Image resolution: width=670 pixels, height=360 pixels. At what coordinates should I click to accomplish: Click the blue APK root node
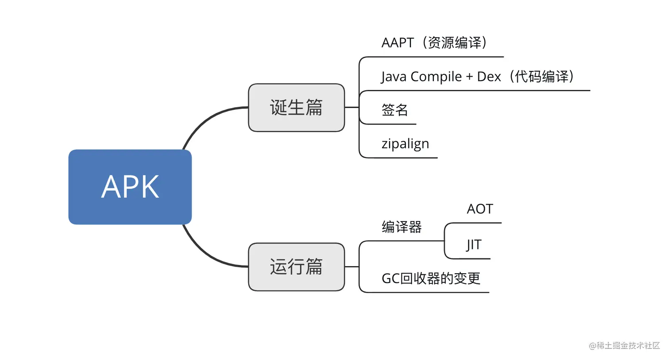(x=130, y=187)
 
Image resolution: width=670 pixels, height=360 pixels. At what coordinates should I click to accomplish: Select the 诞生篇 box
(x=296, y=108)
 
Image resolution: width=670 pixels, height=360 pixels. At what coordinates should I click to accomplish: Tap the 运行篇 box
(x=296, y=267)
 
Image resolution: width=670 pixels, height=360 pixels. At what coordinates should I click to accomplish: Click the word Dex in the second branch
(x=489, y=77)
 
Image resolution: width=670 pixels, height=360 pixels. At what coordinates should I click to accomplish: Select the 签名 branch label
(x=395, y=110)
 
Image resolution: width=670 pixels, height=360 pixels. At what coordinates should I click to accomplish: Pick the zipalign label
(x=405, y=144)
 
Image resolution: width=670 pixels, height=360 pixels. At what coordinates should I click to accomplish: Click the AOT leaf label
(x=480, y=209)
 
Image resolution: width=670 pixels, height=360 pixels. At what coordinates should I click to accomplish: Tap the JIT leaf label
(x=474, y=245)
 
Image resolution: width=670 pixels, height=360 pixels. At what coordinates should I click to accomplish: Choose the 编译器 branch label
(x=402, y=227)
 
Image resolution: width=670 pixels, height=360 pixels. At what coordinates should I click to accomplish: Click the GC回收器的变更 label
(x=431, y=279)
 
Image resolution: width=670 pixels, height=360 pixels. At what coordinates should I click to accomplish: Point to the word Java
(x=393, y=77)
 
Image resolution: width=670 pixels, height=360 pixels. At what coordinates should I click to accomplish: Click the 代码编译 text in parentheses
(x=541, y=77)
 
